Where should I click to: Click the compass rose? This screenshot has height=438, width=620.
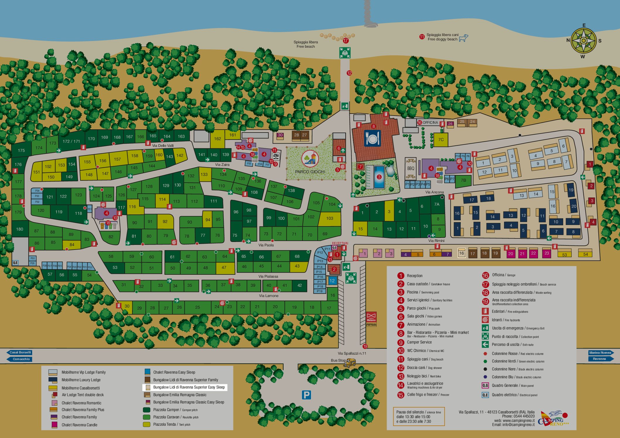pyautogui.click(x=583, y=40)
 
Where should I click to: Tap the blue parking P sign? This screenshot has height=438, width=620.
pyautogui.click(x=306, y=395)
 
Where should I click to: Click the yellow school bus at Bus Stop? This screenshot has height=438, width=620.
pyautogui.click(x=350, y=363)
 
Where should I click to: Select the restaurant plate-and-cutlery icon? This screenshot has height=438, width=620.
pyautogui.click(x=372, y=138)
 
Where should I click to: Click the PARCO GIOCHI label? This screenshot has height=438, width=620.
pyautogui.click(x=310, y=172)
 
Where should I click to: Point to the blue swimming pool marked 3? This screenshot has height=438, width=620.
pyautogui.click(x=379, y=177)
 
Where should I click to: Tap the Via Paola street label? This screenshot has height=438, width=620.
pyautogui.click(x=266, y=245)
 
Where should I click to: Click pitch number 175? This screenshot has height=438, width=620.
pyautogui.click(x=21, y=150)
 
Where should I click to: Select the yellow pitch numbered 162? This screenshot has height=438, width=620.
pyautogui.click(x=217, y=139)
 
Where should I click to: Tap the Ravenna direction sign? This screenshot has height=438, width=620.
pyautogui.click(x=599, y=359)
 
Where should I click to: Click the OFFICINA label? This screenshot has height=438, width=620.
pyautogui.click(x=430, y=123)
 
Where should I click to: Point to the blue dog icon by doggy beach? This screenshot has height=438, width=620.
pyautogui.click(x=463, y=38)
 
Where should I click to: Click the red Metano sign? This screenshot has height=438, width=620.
pyautogui.click(x=371, y=319)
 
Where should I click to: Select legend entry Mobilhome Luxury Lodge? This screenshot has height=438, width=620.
pyautogui.click(x=81, y=380)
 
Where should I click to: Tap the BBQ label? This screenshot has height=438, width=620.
pyautogui.click(x=411, y=169)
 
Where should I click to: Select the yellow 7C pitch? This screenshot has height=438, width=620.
pyautogui.click(x=441, y=140)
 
